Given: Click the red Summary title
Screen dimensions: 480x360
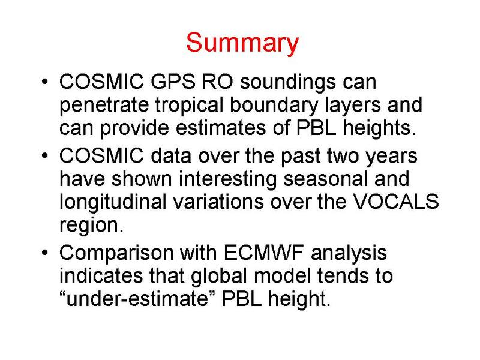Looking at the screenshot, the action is click(242, 43).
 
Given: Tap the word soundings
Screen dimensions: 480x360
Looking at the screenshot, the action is click(288, 83).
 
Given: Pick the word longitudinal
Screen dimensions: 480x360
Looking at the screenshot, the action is click(113, 202).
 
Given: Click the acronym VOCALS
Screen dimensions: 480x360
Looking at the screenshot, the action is click(396, 202).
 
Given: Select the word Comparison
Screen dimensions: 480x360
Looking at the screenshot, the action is click(116, 254).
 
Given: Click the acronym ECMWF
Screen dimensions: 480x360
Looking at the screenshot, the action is click(263, 253).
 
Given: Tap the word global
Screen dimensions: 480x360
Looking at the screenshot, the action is click(218, 277).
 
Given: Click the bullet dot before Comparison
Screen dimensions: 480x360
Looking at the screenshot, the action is click(44, 253).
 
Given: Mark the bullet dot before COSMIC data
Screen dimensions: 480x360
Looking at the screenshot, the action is click(44, 156).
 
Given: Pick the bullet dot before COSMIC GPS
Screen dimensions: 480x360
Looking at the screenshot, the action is click(44, 82).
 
